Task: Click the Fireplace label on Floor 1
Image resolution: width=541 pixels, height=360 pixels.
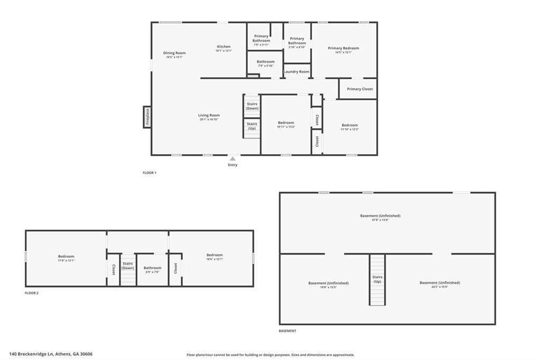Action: pos(147,116)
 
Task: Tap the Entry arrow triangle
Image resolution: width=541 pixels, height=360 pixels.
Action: pos(232,158)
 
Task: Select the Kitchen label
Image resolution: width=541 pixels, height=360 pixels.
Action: pos(223,46)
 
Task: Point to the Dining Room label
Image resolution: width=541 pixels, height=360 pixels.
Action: pos(174,53)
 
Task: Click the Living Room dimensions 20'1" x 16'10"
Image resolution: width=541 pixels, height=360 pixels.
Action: pos(209,119)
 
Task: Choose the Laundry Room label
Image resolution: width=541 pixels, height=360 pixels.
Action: pos(296,72)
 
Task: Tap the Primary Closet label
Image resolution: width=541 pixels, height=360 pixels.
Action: pos(360,89)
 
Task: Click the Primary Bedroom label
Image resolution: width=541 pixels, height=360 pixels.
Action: pos(343,48)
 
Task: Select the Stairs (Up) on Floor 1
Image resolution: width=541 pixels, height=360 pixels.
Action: pos(252,126)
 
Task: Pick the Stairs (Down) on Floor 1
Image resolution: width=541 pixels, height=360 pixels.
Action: pos(252,106)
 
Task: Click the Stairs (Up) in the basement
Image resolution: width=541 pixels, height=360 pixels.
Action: pos(377,279)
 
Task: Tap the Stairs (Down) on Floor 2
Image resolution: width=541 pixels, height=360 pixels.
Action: pos(128,266)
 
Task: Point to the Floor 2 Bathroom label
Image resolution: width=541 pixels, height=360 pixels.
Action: pos(153,268)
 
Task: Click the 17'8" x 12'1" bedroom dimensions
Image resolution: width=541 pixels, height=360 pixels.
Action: pos(66,260)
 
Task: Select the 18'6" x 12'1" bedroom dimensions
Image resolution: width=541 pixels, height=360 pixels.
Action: pos(214,259)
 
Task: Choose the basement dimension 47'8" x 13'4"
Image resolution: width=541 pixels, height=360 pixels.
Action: pos(380,220)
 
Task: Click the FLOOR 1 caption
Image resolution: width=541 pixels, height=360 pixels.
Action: pos(150,173)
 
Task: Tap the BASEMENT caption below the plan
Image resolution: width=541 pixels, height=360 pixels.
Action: pos(287,331)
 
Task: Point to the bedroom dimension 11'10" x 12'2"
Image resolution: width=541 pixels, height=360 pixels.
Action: pos(350,129)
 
